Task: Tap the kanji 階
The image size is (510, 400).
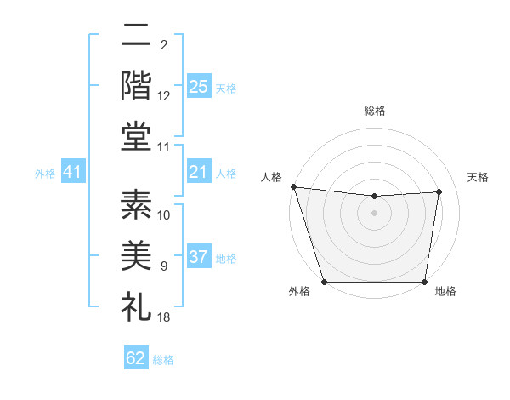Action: click(x=136, y=85)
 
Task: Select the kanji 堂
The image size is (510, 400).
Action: click(x=136, y=136)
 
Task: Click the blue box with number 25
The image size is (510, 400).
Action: click(x=198, y=87)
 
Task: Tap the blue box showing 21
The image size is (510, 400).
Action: click(x=198, y=173)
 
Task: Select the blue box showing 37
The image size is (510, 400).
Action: click(x=198, y=257)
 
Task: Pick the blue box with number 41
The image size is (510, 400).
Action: click(x=72, y=173)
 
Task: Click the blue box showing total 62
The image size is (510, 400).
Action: click(x=136, y=358)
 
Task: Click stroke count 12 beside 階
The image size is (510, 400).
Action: click(x=164, y=97)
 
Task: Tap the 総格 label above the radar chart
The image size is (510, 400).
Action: click(x=375, y=111)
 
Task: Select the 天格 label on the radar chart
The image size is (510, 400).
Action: click(x=478, y=177)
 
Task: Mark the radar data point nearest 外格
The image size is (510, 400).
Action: click(x=324, y=282)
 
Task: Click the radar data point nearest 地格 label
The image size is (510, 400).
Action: click(x=425, y=282)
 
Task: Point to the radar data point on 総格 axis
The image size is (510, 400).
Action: click(x=375, y=197)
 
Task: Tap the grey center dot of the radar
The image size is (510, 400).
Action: click(x=375, y=213)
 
